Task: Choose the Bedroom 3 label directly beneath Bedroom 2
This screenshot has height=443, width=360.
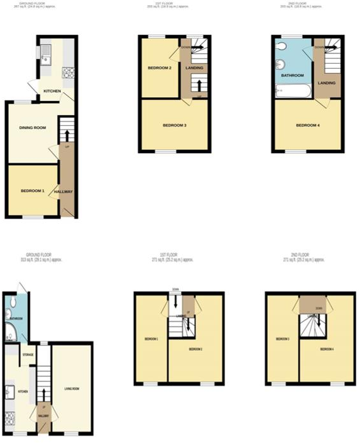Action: point(174,125)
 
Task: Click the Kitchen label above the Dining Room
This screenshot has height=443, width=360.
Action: point(51,92)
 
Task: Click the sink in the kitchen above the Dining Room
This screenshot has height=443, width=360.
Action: point(45,59)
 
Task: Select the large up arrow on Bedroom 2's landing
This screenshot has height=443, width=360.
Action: point(200,85)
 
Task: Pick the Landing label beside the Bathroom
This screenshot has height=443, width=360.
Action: point(327,81)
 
